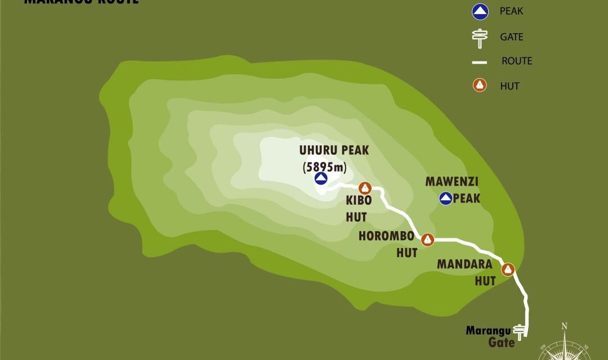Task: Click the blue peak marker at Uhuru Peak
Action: click(321, 179)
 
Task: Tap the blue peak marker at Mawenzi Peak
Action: click(446, 198)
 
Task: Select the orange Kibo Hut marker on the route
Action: click(365, 187)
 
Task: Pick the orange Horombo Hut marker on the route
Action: click(428, 240)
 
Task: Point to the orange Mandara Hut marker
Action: click(508, 269)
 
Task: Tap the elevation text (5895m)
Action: click(325, 166)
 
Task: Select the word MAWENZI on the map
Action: click(448, 182)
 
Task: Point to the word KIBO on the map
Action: click(357, 201)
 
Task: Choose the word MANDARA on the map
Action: click(464, 264)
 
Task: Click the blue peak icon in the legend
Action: click(480, 11)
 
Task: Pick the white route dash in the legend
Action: click(480, 62)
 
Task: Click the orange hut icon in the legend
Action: click(480, 86)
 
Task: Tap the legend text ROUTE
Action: click(517, 61)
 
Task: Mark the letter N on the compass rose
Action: click(564, 326)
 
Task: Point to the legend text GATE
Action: click(512, 37)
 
